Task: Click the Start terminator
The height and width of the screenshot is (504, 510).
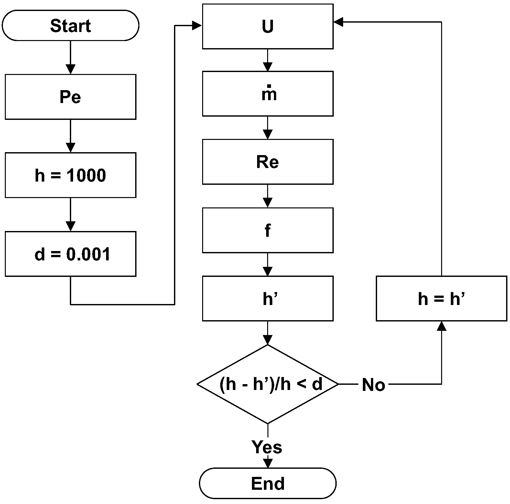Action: tap(70, 25)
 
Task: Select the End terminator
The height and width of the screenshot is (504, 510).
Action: tap(267, 483)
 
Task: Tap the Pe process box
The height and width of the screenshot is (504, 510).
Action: tap(70, 97)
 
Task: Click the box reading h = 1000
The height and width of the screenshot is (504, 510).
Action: tap(70, 175)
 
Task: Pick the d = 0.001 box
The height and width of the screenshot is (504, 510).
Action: tap(70, 254)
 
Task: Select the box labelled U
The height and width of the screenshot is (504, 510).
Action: tap(267, 26)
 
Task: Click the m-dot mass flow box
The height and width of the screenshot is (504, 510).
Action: tap(267, 94)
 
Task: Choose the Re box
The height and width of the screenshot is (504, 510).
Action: tap(267, 162)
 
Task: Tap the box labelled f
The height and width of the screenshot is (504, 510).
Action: tap(267, 230)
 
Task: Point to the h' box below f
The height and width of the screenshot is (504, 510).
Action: tap(267, 299)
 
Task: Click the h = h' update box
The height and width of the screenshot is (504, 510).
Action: tap(441, 299)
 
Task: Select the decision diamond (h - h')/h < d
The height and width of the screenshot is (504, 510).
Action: tap(267, 384)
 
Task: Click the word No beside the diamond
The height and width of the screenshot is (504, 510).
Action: tap(373, 385)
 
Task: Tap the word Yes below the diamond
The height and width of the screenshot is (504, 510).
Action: tap(267, 447)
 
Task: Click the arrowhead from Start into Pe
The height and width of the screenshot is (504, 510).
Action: tap(70, 69)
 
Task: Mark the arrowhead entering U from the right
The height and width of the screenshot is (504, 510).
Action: tap(338, 22)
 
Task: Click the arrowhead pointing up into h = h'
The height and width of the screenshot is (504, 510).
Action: tap(441, 326)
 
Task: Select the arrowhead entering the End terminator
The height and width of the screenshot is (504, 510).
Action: tap(267, 463)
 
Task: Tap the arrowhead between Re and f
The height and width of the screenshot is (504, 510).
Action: tap(267, 202)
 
